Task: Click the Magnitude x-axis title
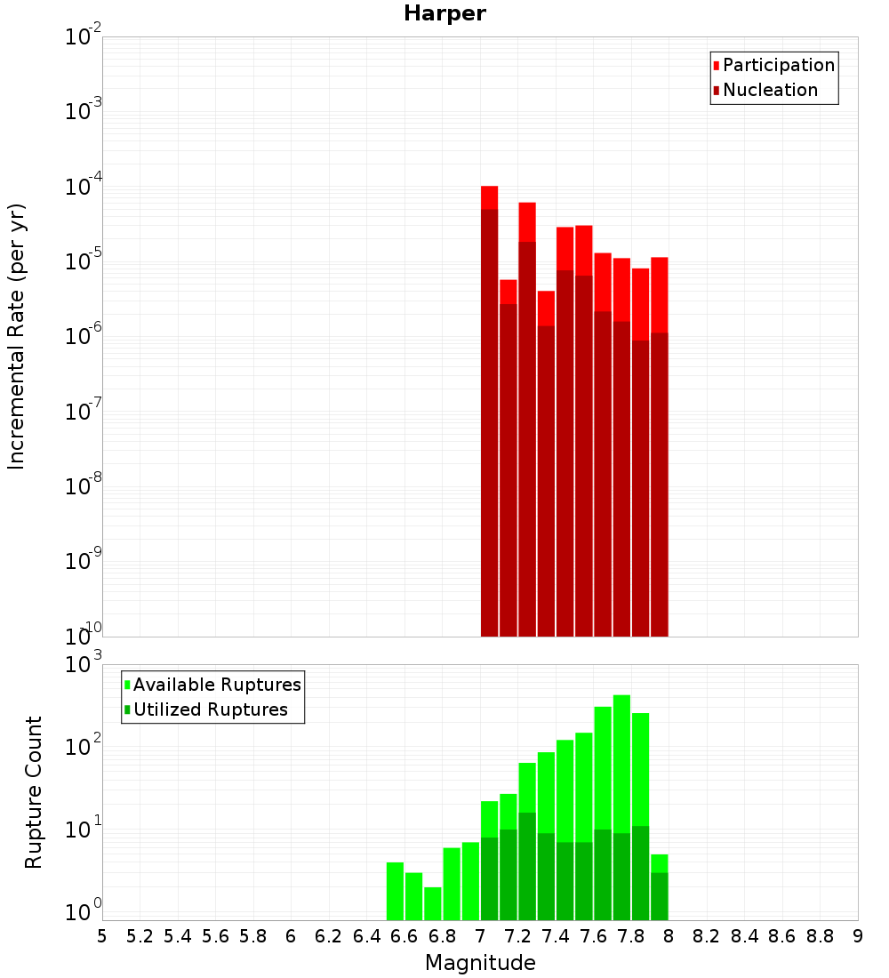pos(480,963)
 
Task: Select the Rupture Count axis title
pos(34,792)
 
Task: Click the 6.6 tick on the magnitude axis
pos(404,936)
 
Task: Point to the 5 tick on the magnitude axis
pos(102,936)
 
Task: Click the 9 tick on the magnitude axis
pos(858,936)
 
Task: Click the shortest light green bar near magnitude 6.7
pos(433,902)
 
